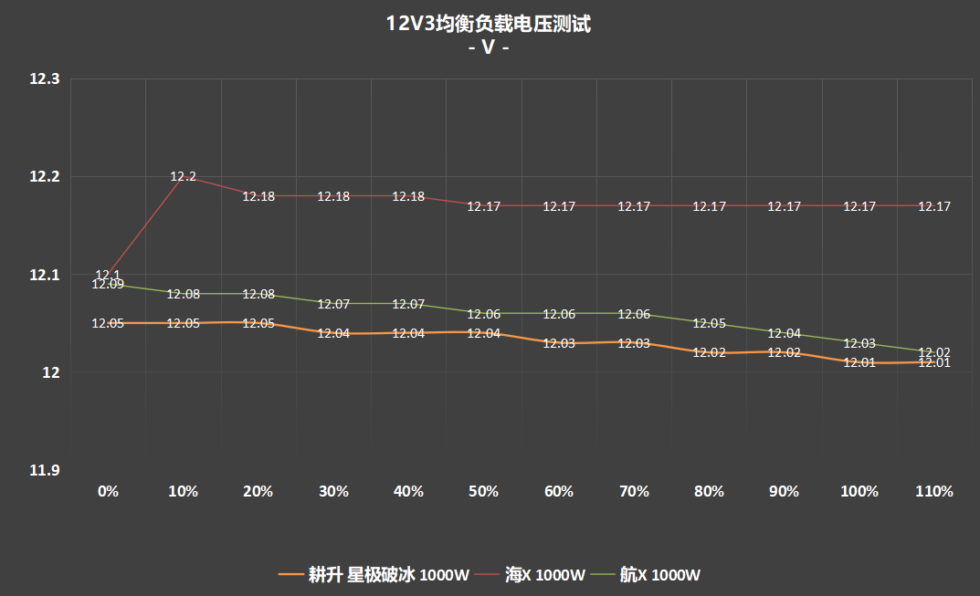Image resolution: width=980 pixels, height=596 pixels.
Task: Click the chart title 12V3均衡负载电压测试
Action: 489,25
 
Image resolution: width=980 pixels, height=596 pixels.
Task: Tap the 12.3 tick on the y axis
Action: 45,79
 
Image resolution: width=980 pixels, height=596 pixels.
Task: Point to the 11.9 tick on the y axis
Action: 45,470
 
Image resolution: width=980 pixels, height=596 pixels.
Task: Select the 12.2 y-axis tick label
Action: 45,177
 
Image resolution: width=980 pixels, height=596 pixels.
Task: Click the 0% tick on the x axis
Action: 108,491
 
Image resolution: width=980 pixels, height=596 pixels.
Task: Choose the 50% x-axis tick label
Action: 483,491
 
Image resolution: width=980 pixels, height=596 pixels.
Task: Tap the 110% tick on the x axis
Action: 934,491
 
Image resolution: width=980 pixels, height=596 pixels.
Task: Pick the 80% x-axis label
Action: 709,491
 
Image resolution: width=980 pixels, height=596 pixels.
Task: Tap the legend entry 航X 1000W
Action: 660,575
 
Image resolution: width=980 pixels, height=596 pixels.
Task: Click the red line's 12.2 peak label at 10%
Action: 184,176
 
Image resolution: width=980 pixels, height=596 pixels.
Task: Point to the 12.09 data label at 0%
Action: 108,285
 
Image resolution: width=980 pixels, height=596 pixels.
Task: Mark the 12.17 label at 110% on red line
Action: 934,207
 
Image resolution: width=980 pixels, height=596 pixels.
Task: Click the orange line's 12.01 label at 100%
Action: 859,363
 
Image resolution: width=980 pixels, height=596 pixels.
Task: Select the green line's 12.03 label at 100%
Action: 859,344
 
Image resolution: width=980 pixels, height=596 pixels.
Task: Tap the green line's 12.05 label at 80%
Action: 709,324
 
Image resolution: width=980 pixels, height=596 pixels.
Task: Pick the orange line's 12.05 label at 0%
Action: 108,323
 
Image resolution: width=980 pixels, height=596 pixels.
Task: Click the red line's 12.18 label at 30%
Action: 333,196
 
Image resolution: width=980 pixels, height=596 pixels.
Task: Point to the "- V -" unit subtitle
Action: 489,47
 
